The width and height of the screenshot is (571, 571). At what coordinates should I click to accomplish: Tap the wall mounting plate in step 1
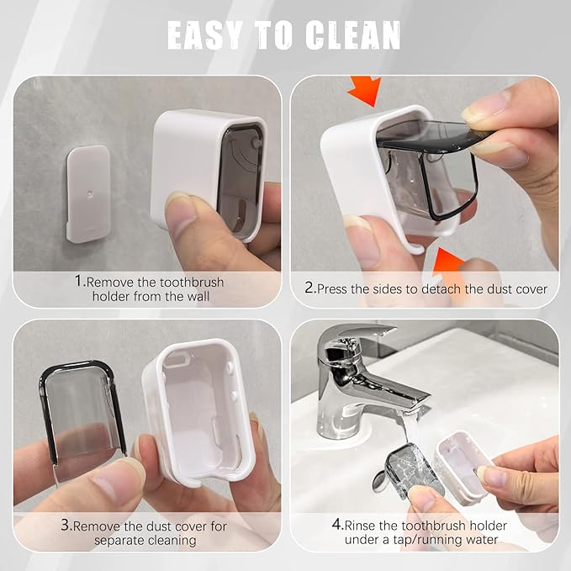click(88, 193)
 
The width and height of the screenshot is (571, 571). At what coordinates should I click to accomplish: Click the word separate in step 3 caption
click(114, 540)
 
